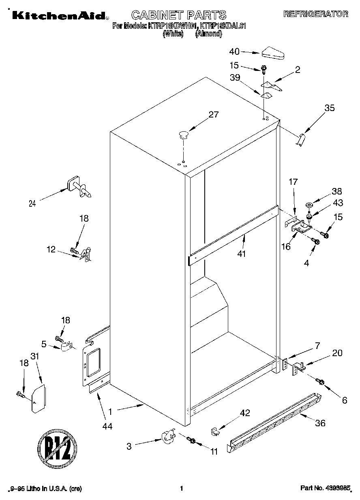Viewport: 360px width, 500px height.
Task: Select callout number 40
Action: point(235,51)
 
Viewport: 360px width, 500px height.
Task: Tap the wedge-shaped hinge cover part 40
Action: point(273,53)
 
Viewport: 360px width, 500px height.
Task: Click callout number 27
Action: point(213,115)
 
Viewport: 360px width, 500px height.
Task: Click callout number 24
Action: point(32,204)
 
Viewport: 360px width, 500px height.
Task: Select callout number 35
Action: point(330,108)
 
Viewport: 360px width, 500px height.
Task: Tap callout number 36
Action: point(320,424)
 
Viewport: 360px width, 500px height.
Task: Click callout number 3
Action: point(129,447)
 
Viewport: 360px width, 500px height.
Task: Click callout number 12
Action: point(51,250)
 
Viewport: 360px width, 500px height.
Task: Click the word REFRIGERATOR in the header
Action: point(315,14)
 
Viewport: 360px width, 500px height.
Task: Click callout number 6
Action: point(344,400)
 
